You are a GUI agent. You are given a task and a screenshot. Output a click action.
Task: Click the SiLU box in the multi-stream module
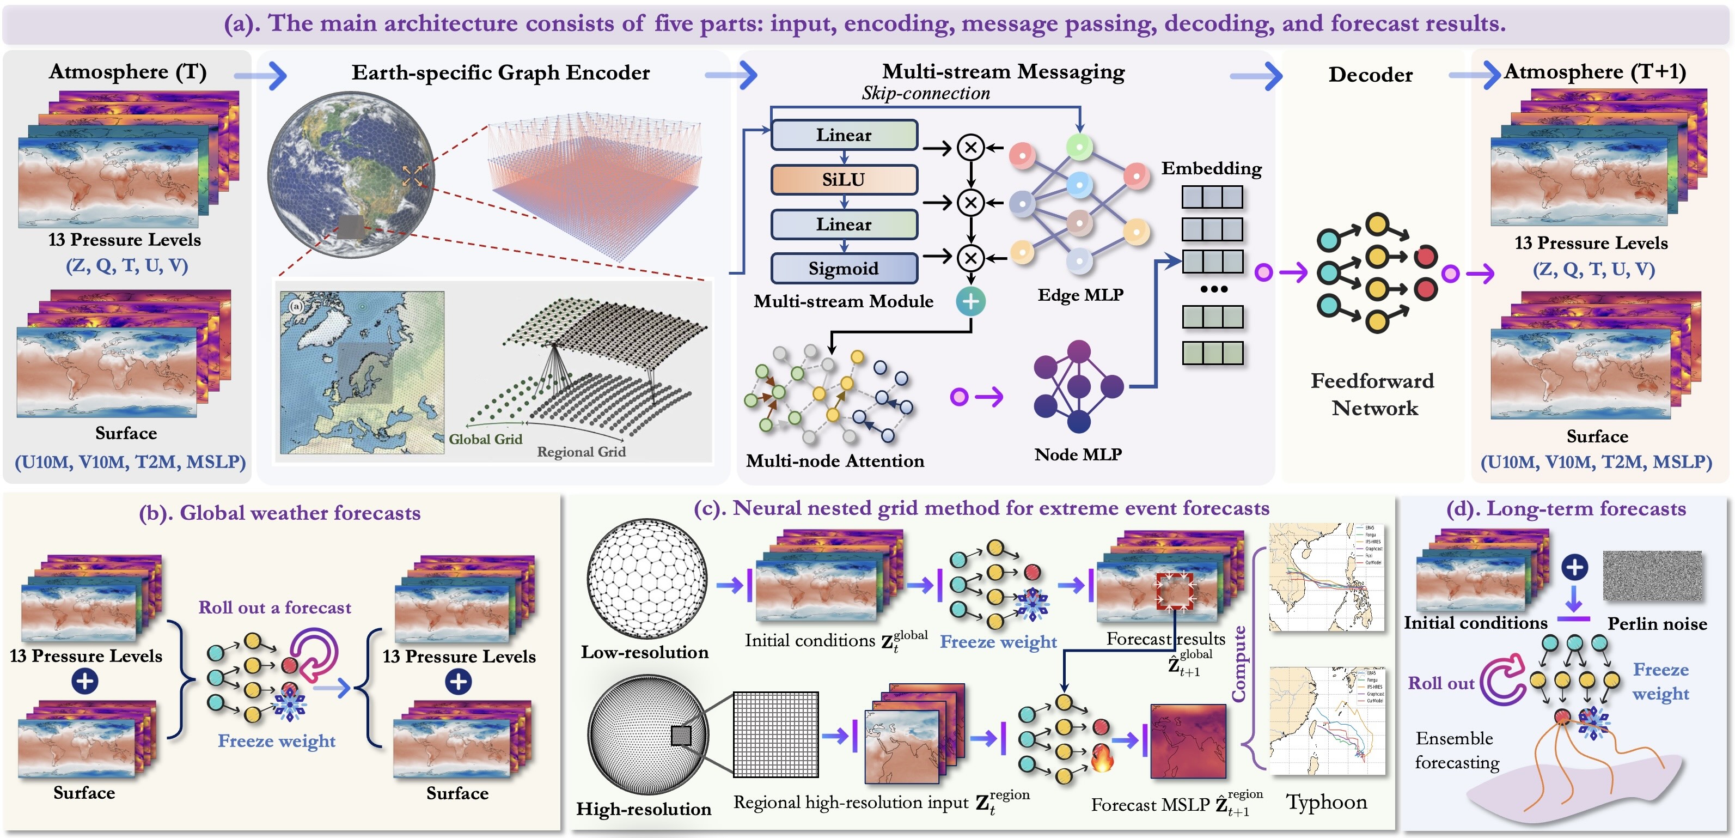(x=843, y=180)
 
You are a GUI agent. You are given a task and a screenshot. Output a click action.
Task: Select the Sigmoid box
(x=843, y=268)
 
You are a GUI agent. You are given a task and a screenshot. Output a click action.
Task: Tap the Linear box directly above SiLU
(x=843, y=135)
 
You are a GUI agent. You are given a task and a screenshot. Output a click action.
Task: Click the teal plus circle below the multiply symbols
(x=970, y=301)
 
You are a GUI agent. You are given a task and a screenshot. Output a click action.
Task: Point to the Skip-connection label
(x=925, y=93)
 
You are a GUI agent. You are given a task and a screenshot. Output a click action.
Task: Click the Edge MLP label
(x=1080, y=295)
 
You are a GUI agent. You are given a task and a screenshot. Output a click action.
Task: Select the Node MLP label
(x=1078, y=455)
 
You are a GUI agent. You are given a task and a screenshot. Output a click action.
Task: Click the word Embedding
(x=1211, y=168)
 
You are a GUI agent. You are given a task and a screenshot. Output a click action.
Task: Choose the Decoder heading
(x=1370, y=75)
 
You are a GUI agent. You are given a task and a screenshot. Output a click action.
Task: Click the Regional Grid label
(x=581, y=452)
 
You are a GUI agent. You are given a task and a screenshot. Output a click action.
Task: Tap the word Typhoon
(x=1326, y=802)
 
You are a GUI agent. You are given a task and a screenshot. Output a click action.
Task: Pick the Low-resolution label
(x=645, y=652)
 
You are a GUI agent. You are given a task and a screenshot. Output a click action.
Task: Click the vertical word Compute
(x=1238, y=664)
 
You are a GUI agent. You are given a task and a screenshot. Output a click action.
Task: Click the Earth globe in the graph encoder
(x=351, y=175)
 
